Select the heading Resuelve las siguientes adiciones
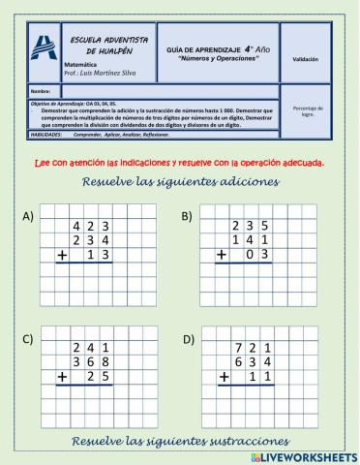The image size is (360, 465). click(x=181, y=181)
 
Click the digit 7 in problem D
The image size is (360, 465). click(x=235, y=346)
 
